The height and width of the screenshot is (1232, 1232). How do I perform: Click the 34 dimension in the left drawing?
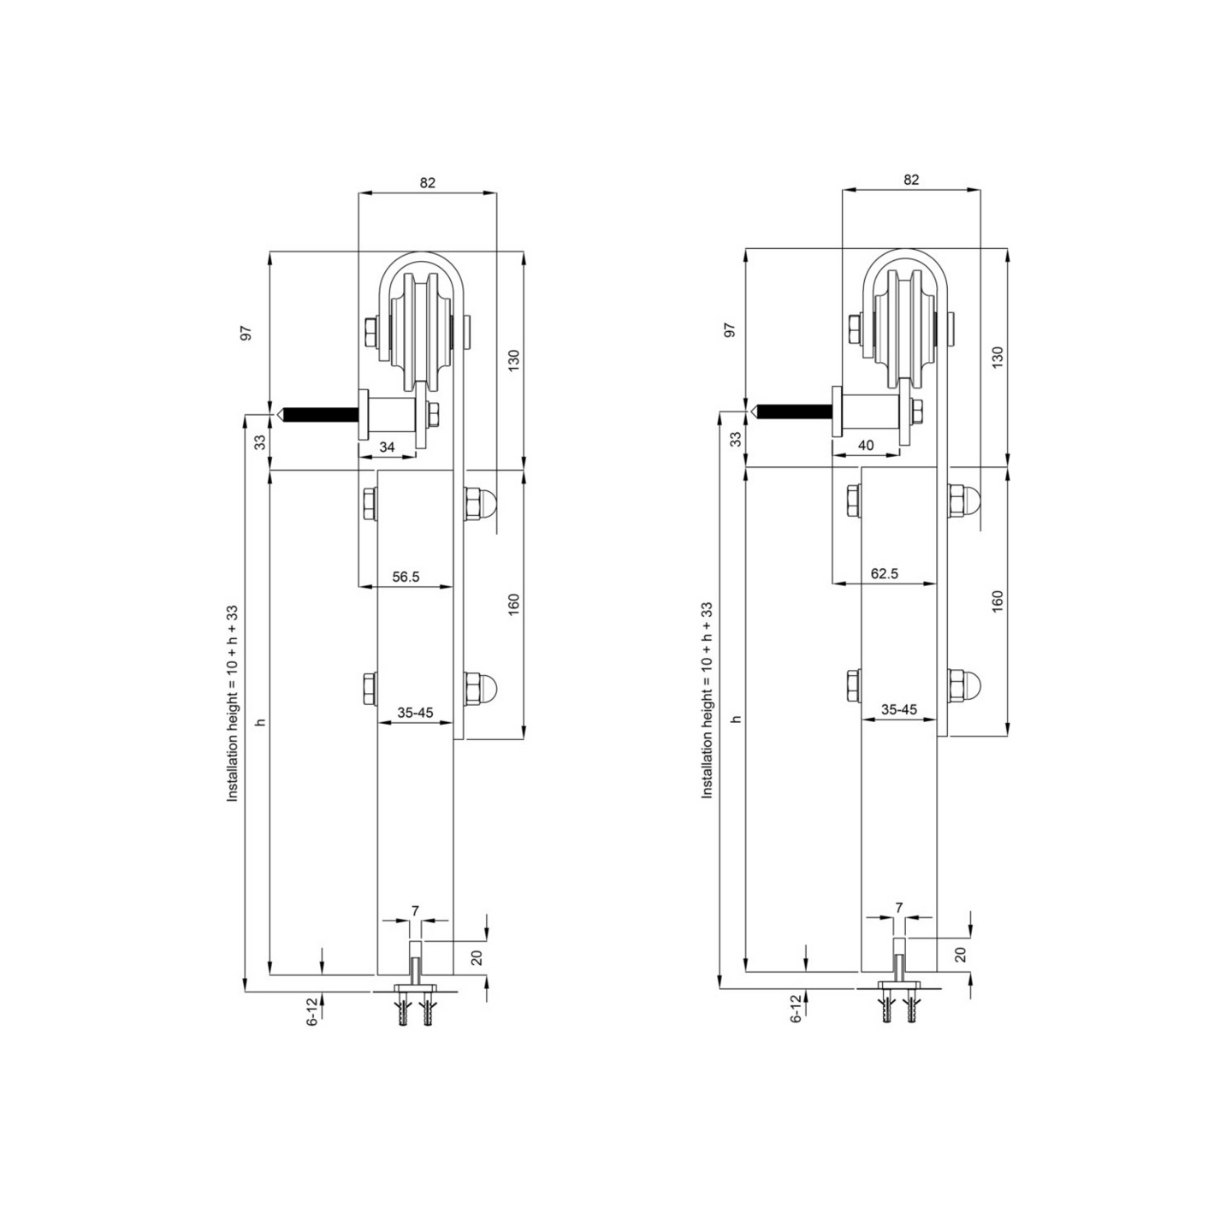coord(387,447)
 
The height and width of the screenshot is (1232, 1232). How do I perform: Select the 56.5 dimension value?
coord(406,577)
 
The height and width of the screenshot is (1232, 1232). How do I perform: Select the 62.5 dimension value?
coord(884,573)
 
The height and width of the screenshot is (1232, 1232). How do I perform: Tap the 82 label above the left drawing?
coord(427,182)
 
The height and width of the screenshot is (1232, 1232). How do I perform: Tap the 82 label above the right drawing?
coord(911,180)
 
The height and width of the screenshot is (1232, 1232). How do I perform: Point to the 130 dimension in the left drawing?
coord(513,361)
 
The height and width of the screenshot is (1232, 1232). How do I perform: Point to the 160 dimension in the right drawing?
coord(998,601)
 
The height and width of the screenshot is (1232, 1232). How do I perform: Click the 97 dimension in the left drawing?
coord(246,333)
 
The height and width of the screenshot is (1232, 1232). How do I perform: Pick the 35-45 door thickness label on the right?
coord(899,709)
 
